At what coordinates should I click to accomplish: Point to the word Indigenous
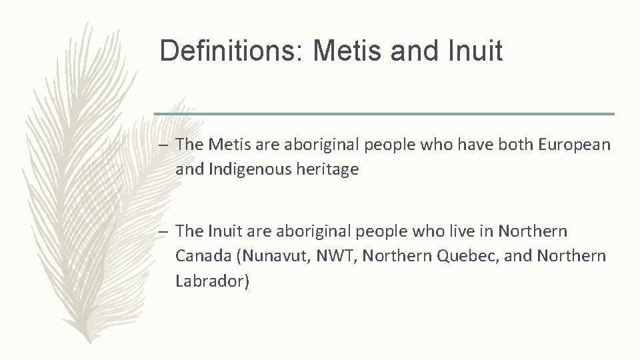tap(251, 169)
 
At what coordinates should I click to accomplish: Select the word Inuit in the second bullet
tap(226, 231)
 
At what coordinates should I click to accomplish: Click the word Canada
tap(203, 256)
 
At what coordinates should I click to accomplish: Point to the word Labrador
tap(210, 281)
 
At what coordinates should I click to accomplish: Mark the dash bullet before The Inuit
tap(163, 232)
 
